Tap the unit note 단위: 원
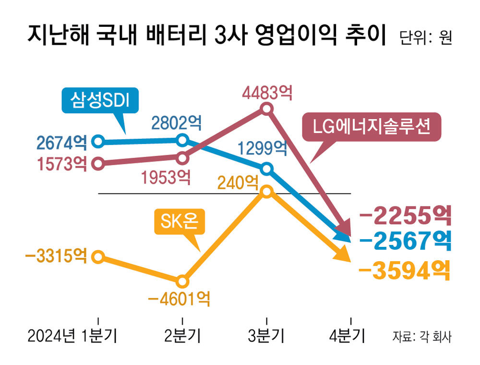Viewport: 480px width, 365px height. (x=425, y=38)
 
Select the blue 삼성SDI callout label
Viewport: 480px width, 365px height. (x=100, y=99)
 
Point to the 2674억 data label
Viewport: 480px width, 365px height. (x=61, y=142)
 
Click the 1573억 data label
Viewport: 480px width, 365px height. (x=61, y=164)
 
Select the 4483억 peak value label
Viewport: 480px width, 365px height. (x=267, y=93)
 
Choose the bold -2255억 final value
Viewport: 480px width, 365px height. (x=405, y=216)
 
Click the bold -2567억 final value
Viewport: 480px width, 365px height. (x=405, y=241)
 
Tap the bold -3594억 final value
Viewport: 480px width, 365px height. (x=405, y=272)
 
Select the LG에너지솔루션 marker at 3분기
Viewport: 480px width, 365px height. (x=267, y=109)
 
